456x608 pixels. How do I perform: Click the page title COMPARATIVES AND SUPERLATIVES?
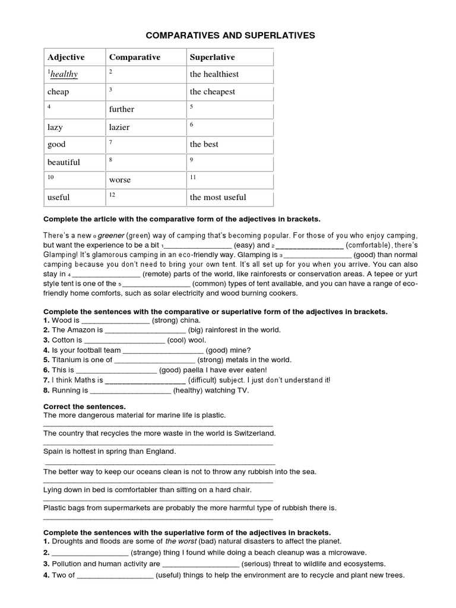point(230,36)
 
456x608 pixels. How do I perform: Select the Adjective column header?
point(66,58)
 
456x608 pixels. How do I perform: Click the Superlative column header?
point(212,58)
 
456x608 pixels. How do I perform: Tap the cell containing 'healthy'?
point(64,75)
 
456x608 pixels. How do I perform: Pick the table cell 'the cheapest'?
point(213,92)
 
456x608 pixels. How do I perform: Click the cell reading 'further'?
point(121,109)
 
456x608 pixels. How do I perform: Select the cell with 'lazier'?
point(119,127)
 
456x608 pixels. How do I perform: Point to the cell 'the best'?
point(204,144)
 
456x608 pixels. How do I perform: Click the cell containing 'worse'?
point(119,180)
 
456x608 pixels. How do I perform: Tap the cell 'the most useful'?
point(218,197)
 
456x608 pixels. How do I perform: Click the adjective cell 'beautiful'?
point(64,162)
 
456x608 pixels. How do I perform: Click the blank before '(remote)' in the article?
point(106,274)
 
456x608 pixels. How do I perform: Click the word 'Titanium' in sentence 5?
point(66,360)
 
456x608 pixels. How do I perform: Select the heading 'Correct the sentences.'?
point(77,407)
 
